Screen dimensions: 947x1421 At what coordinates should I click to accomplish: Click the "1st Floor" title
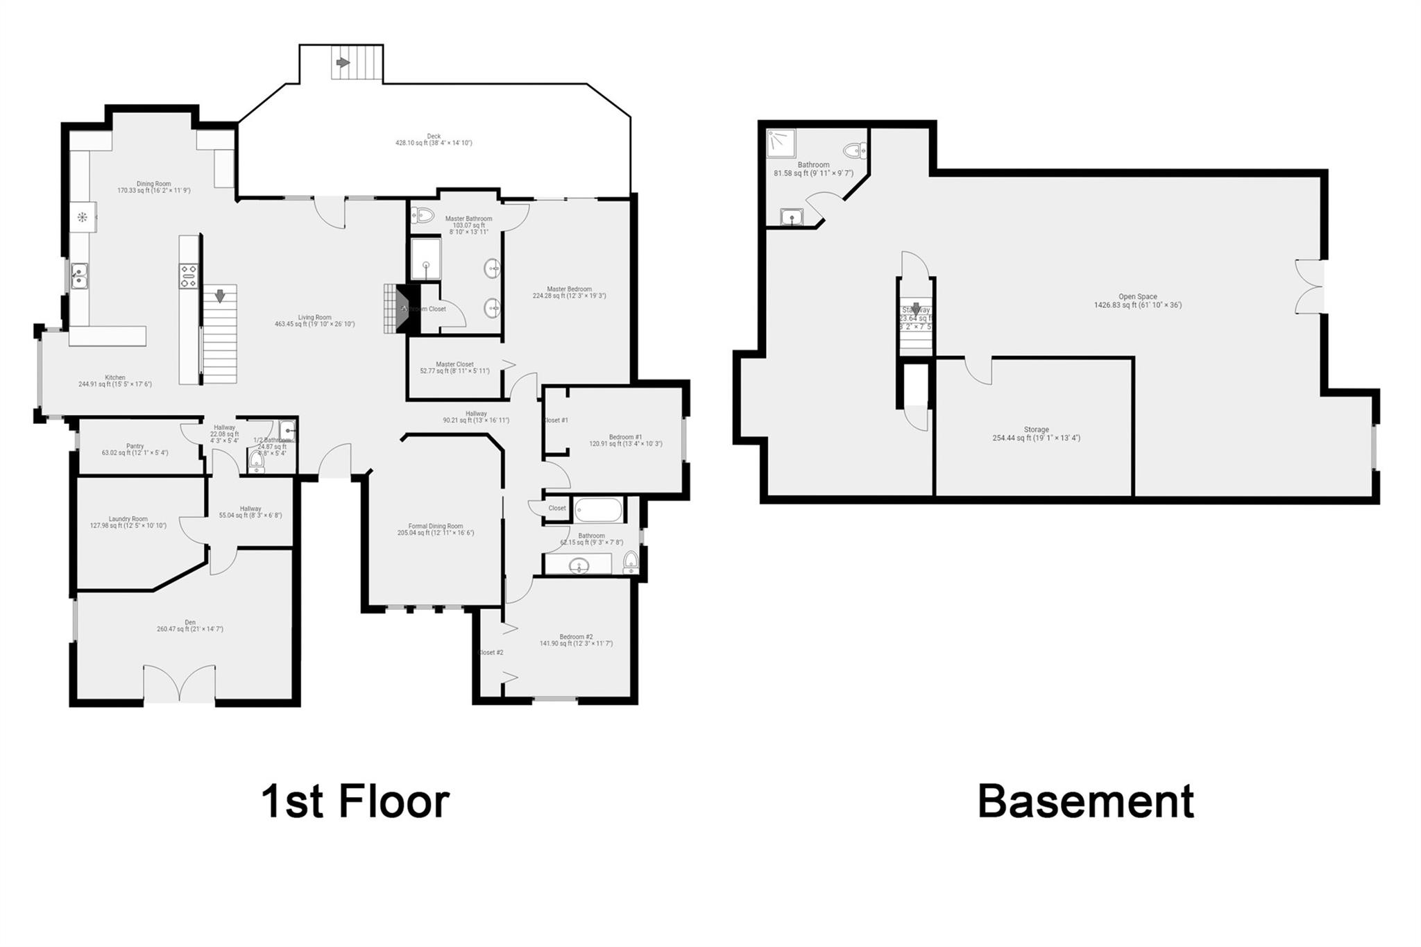coord(355,801)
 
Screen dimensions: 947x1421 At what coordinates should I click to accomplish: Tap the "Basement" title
coord(1085,801)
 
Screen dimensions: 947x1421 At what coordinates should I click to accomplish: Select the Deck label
coord(434,139)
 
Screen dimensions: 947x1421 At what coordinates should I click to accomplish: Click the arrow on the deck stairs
coord(342,62)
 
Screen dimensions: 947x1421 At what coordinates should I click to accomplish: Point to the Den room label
coord(190,626)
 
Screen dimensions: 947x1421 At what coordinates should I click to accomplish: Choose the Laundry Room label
coord(128,522)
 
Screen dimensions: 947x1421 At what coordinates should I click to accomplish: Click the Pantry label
coord(135,450)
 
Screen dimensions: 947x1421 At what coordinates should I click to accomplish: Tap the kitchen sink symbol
coord(79,275)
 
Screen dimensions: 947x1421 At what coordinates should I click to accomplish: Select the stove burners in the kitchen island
coord(189,275)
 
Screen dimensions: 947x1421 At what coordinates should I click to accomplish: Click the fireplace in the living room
coord(397,309)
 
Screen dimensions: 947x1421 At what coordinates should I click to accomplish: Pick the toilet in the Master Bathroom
coord(422,216)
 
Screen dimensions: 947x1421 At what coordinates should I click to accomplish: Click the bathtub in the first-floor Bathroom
coord(597,511)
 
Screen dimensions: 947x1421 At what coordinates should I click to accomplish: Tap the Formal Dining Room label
coord(435,529)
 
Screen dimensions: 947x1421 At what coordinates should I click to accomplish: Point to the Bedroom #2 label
coord(576,640)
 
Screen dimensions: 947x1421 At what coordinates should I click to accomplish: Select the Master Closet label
coord(454,367)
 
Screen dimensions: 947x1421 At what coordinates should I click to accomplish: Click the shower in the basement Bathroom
coord(781,144)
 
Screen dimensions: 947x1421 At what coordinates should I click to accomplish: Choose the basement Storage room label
coord(1036,434)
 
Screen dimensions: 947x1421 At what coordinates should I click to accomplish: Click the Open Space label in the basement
coord(1137,300)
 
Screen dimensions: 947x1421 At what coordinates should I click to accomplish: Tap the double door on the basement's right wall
coord(1310,287)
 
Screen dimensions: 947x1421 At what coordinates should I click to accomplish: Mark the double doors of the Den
coord(180,683)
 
